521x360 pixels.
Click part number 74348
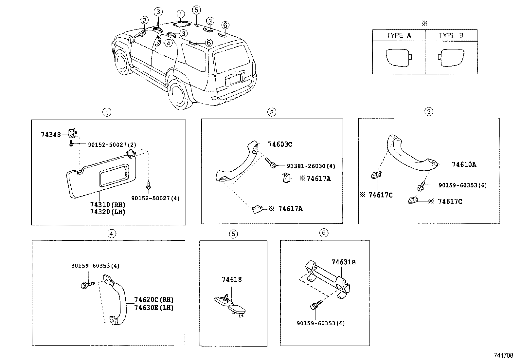[51, 134]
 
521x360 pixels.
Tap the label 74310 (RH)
[108, 205]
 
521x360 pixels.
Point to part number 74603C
[280, 144]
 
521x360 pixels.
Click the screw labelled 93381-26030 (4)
[271, 163]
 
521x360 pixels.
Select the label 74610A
[464, 164]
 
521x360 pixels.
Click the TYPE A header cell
[398, 35]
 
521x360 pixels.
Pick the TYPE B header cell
[451, 35]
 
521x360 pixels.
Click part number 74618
[232, 279]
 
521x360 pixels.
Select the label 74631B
[343, 262]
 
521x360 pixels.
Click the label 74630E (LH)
[154, 308]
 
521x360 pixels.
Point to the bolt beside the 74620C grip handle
[86, 285]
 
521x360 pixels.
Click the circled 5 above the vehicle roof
[196, 9]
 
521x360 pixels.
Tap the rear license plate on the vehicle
[235, 79]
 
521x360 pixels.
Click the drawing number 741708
[503, 355]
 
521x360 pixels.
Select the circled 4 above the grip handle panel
[111, 234]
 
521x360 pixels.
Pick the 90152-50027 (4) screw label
[155, 198]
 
